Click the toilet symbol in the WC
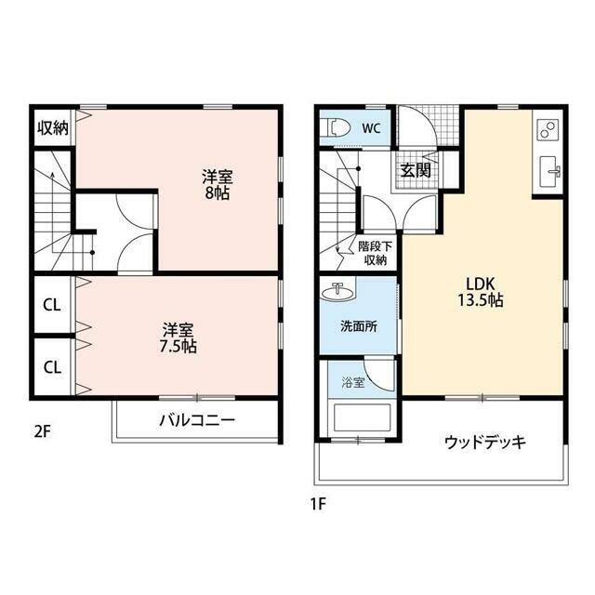point(335,127)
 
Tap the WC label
point(371,128)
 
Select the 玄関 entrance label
point(416,170)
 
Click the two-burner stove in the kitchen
point(548,129)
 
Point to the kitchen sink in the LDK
point(549,171)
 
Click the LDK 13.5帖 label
point(480,292)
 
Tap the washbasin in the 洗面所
point(337,292)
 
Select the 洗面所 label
point(359,326)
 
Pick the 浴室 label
point(353,382)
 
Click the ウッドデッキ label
point(485,443)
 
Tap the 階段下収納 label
point(375,253)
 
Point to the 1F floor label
point(318,504)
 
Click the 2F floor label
point(42,431)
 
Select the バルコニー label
point(197,420)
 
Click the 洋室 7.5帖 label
point(178,337)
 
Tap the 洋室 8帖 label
point(217,185)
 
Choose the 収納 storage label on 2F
point(53,128)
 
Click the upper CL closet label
point(52,305)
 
